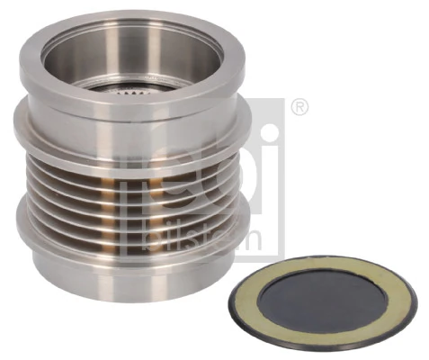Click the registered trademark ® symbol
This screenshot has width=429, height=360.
click(300, 109)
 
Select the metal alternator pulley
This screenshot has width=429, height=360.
click(126, 162)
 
